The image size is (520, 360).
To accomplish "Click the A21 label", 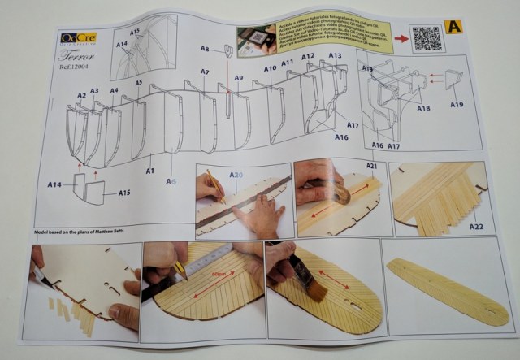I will tap(372, 167).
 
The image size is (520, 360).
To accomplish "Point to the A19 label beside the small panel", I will tap(457, 105).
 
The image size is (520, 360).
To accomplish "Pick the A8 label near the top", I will tap(206, 50).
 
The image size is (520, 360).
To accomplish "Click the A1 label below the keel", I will tap(150, 171).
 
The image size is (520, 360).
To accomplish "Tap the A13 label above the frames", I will tap(335, 56).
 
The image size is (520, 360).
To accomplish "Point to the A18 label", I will tap(422, 107).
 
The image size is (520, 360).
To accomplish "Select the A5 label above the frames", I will tap(139, 83).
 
